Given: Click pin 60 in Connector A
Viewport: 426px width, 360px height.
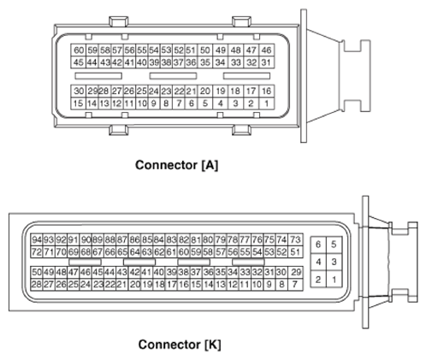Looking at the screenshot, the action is click(79, 50).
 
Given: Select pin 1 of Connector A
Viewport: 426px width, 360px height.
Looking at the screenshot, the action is click(267, 103).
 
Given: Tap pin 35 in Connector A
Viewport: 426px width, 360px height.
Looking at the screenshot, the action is click(205, 62).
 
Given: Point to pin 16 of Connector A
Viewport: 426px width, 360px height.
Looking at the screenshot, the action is click(267, 91).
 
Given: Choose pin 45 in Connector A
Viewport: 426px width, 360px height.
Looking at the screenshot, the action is click(79, 62).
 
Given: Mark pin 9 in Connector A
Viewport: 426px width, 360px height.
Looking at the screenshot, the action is click(154, 103).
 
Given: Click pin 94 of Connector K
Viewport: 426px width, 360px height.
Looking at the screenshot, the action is click(37, 239).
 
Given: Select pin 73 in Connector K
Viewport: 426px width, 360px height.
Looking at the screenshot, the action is click(295, 239).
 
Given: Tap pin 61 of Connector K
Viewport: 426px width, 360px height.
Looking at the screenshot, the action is click(171, 252).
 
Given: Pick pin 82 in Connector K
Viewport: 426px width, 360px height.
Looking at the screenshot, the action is click(183, 239).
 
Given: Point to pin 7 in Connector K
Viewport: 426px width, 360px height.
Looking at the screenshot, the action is click(295, 285).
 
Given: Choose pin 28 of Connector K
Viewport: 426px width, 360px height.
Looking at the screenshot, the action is click(37, 285).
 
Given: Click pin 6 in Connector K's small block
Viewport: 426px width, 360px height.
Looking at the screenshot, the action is click(318, 245).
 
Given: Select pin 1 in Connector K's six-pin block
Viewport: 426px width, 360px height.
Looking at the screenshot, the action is click(334, 279).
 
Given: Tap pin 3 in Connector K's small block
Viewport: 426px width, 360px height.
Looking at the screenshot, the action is click(334, 262).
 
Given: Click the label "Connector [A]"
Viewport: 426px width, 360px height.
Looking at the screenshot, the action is click(177, 165).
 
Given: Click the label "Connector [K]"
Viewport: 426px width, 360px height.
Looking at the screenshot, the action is click(180, 345).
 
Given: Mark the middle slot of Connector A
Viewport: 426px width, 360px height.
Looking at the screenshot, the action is click(173, 76).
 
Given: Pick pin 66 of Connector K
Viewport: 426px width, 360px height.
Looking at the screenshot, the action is click(109, 252).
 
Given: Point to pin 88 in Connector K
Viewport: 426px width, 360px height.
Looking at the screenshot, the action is click(109, 239).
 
